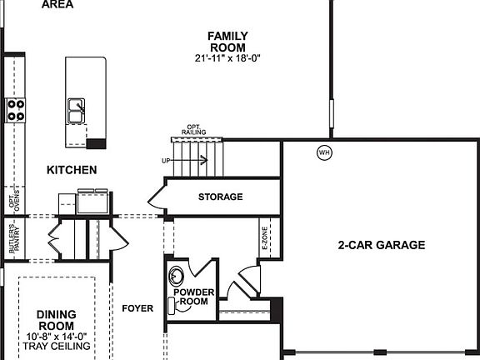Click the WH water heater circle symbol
pos(324,152)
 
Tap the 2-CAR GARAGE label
pos(382,245)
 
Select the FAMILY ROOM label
pos(227,41)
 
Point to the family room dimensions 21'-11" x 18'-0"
pos(227,59)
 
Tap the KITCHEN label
pos(72,170)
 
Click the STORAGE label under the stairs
pos(220,197)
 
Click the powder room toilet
pos(176,276)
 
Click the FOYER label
pos(137,308)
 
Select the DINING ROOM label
pos(57,319)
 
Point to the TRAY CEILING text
pos(57,346)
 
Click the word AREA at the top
pos(57,4)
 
